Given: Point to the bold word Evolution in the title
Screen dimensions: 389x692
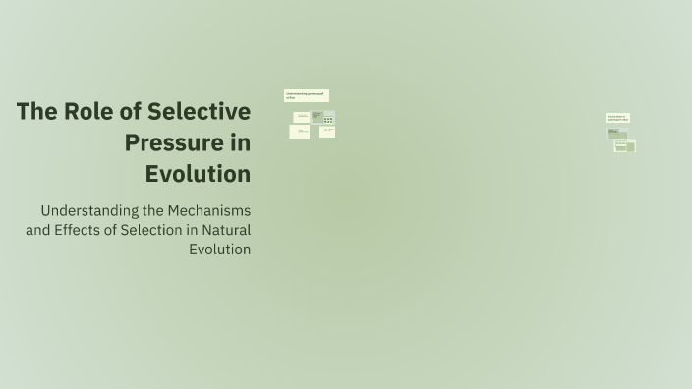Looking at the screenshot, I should pos(198,174).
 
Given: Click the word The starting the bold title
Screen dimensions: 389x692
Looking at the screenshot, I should pos(36,112).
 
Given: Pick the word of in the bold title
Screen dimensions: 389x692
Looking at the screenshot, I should pos(133,112).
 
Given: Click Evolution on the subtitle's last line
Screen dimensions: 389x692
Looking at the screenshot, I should pos(219,250).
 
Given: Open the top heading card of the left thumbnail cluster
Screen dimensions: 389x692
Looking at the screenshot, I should pos(306,95).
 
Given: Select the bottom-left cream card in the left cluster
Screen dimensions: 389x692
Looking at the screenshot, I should pos(300,132).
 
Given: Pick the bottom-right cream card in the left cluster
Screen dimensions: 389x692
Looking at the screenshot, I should pos(327,132).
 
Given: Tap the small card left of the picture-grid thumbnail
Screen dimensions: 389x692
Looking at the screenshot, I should pos(302,117).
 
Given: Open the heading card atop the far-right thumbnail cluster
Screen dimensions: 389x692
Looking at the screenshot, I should pos(617,118).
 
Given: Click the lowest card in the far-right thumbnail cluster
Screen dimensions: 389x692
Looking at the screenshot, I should pos(624,146).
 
